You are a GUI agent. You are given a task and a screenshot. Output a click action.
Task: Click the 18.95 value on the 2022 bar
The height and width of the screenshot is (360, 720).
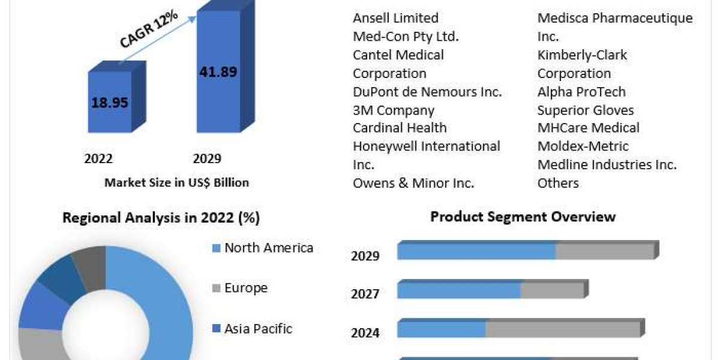click(x=110, y=102)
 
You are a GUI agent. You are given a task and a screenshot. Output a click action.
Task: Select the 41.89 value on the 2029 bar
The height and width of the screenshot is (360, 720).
click(x=217, y=72)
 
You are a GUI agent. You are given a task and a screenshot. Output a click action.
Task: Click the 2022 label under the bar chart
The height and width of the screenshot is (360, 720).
click(x=98, y=158)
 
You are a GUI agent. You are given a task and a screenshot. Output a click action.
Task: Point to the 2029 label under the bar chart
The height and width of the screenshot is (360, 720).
click(x=207, y=158)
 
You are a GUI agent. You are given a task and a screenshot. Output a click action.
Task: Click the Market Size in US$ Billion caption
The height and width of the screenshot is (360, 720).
click(x=176, y=182)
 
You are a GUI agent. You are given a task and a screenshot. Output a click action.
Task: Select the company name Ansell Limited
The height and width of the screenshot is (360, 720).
click(x=395, y=18)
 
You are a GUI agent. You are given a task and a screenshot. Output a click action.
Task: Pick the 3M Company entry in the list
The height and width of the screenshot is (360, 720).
click(x=393, y=110)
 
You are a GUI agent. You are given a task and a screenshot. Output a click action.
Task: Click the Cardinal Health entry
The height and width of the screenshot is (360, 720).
click(x=400, y=128)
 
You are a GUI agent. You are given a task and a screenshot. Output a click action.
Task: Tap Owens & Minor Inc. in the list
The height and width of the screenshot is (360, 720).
click(x=413, y=183)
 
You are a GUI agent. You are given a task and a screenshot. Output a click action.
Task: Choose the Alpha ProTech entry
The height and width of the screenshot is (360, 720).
click(x=581, y=92)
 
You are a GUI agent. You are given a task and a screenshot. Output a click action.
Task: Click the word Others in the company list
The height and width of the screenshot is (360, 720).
click(x=558, y=183)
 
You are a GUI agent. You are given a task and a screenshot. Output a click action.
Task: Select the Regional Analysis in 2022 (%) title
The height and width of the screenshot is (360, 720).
click(x=161, y=218)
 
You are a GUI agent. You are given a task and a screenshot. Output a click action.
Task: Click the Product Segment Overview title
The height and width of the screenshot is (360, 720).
click(x=523, y=217)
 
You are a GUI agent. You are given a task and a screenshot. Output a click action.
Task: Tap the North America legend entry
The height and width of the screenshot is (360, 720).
click(x=268, y=248)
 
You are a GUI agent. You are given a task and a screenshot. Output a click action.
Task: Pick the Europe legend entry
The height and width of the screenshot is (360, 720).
click(x=245, y=288)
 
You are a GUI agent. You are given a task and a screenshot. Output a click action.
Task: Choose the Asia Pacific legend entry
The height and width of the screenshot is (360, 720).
click(x=258, y=329)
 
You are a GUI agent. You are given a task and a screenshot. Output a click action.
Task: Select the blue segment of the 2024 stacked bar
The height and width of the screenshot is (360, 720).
click(x=442, y=329)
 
